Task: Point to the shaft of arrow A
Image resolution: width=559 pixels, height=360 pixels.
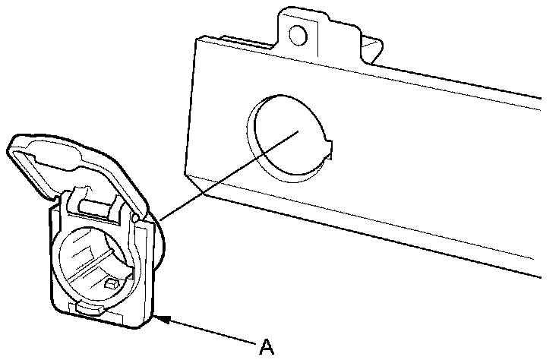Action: tap(213, 332)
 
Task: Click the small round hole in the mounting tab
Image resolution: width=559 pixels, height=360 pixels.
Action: tap(298, 34)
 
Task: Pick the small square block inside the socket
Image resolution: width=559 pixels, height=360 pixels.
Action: tap(112, 283)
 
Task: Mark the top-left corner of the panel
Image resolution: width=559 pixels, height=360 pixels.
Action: tap(196, 39)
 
